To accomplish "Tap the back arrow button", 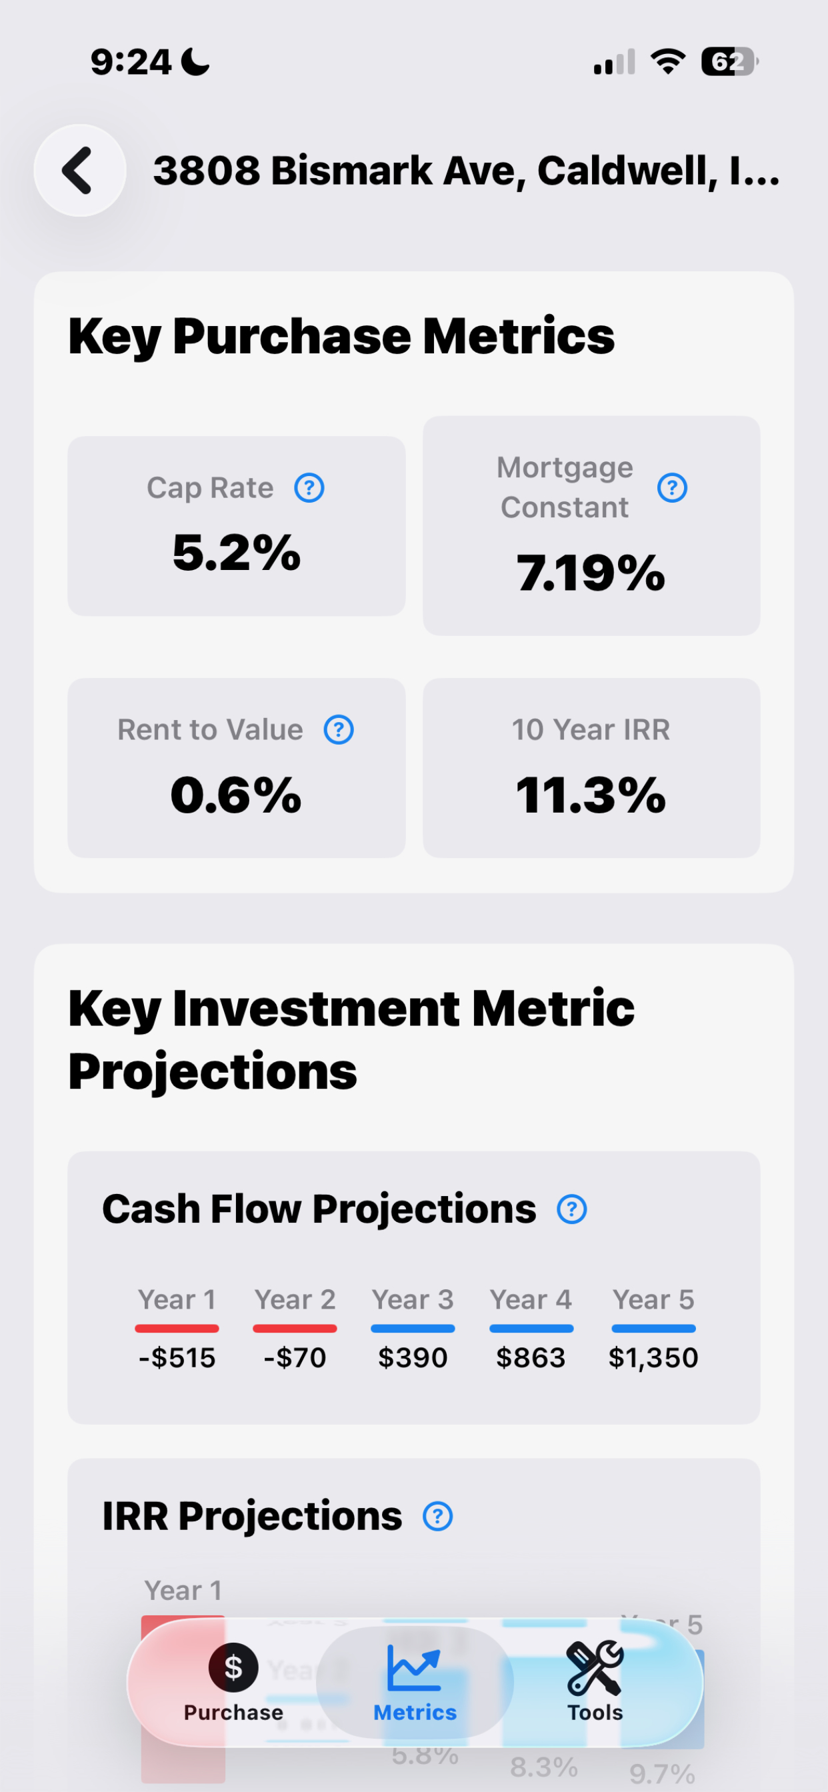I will [x=79, y=171].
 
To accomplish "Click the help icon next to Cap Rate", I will [x=309, y=487].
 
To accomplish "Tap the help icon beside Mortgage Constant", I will [x=672, y=487].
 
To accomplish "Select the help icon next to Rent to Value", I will [x=339, y=730].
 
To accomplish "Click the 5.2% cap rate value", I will [x=237, y=553].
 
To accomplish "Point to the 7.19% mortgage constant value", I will [x=591, y=573].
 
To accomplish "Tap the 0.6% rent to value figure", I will [x=236, y=795].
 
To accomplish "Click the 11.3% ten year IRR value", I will [x=591, y=795].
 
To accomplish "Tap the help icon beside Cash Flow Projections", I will [x=572, y=1209].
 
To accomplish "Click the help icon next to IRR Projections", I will [x=437, y=1517].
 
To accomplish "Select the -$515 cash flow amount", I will [x=177, y=1358].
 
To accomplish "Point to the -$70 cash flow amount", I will [x=295, y=1358].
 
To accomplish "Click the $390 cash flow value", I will [x=413, y=1358].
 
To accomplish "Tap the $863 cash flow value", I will [x=531, y=1358].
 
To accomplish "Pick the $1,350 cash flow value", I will [x=653, y=1358].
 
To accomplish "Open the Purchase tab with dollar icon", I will [x=233, y=1682].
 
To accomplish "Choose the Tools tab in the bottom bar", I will [x=595, y=1682].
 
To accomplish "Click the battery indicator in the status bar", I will [x=729, y=62].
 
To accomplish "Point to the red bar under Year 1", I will [x=177, y=1329].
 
